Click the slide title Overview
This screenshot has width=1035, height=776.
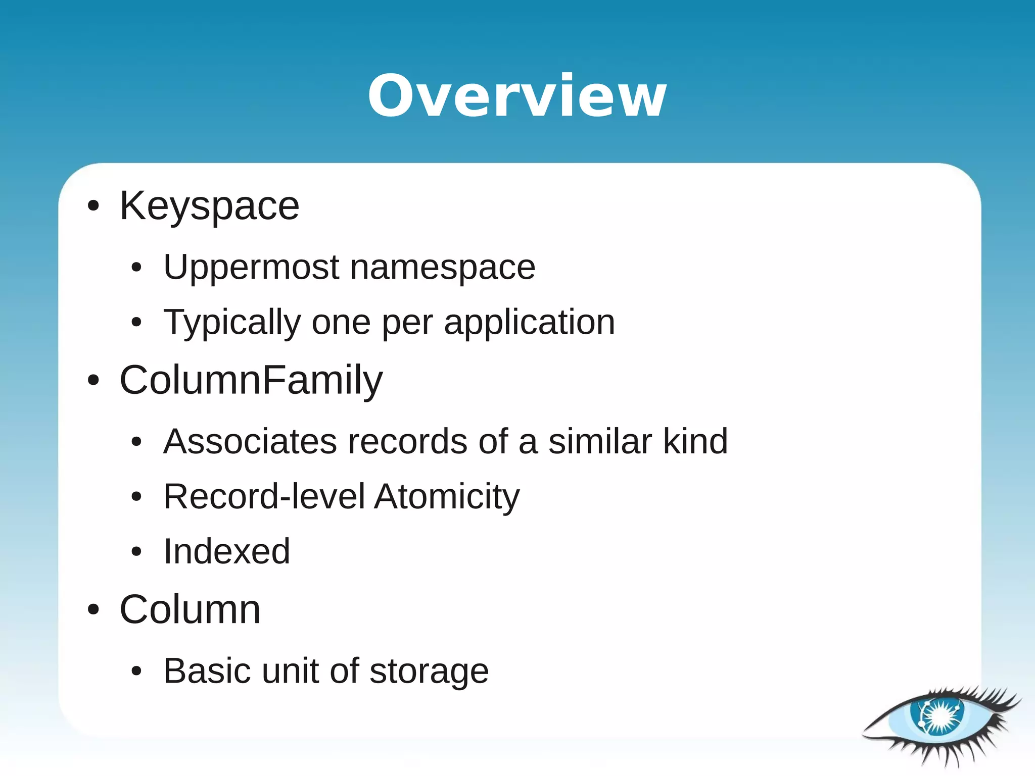[x=517, y=96]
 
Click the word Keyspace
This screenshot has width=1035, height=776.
[x=209, y=206]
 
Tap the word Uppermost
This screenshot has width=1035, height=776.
[x=251, y=268]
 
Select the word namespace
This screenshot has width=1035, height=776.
[x=443, y=268]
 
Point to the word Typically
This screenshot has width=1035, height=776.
[x=232, y=323]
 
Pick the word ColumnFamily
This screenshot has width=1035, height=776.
[x=251, y=380]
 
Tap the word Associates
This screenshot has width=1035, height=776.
[x=250, y=442]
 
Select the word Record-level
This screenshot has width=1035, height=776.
[x=264, y=497]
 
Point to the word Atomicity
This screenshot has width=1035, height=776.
[x=447, y=497]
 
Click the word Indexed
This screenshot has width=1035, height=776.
[x=227, y=551]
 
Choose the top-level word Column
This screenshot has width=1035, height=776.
[x=190, y=609]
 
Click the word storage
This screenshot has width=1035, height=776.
[x=429, y=672]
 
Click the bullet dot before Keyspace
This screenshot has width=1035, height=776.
[x=93, y=206]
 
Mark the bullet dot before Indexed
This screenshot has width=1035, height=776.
[x=136, y=552]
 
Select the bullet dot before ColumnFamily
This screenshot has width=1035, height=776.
[x=93, y=380]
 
